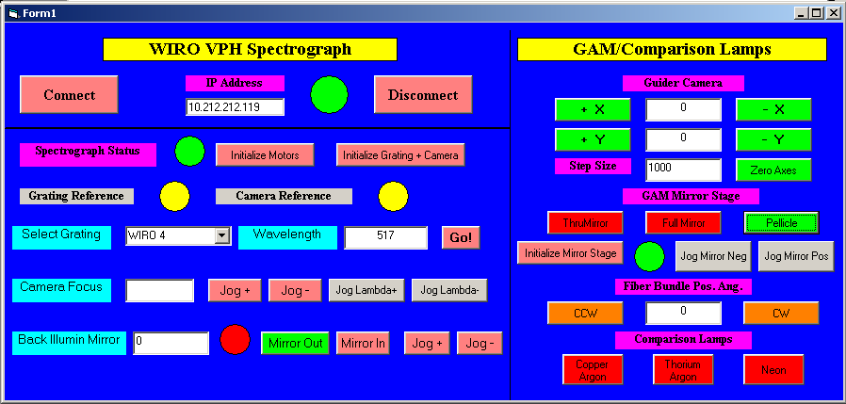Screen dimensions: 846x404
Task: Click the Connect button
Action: coord(69,94)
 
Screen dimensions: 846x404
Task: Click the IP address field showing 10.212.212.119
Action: coord(235,106)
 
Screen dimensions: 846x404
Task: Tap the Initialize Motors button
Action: coord(265,155)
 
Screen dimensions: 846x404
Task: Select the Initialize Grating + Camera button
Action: coord(400,155)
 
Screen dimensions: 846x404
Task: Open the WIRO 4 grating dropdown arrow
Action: coord(221,235)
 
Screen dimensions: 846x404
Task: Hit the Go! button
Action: coord(461,237)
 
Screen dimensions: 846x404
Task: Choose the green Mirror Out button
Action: coord(295,343)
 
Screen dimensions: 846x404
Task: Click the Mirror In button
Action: coord(363,343)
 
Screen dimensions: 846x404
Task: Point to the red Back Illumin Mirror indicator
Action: coord(236,339)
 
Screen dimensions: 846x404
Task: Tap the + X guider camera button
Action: coord(593,109)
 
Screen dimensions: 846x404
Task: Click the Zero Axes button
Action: coord(773,170)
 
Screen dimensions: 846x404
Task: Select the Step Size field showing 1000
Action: coord(683,170)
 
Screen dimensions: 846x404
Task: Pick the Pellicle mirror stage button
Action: coord(781,223)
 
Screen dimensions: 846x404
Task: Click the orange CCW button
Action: coord(585,313)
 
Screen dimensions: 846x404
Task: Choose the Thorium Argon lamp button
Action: coord(683,369)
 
